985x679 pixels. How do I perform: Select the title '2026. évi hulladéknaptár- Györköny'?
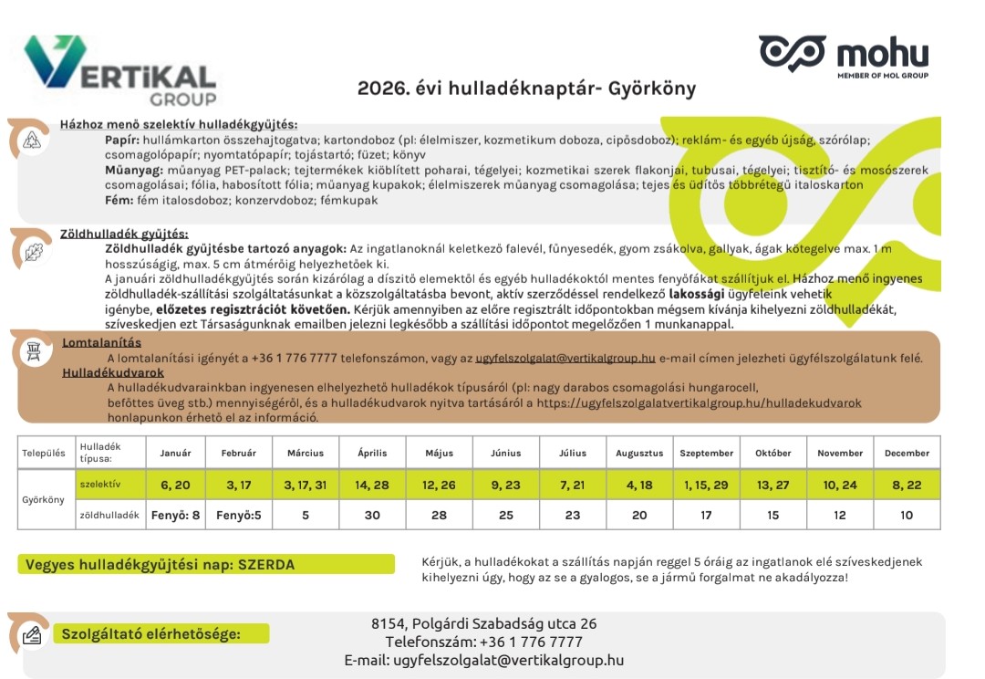coord(526,89)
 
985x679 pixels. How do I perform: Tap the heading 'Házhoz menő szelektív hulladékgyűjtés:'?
coord(179,125)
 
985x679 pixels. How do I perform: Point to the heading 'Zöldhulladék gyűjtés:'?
coord(124,235)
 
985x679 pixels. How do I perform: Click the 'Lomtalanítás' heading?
coord(101,343)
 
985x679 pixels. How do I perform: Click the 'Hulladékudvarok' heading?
coord(113,372)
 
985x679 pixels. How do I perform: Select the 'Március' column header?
coord(305,453)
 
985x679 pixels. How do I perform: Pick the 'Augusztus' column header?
coord(639,453)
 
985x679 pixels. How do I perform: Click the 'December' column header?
coord(907,453)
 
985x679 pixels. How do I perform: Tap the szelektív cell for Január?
coord(175,485)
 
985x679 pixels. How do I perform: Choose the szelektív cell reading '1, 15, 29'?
coord(706,485)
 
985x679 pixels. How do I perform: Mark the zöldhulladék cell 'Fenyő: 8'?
coord(175,515)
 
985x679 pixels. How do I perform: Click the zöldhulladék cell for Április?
coord(372,515)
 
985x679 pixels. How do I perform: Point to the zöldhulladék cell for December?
coord(907,515)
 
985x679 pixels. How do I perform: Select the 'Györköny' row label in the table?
coord(45,500)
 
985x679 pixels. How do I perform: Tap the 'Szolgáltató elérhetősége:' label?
coord(150,634)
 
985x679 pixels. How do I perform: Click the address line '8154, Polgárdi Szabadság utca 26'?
coord(483,624)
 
